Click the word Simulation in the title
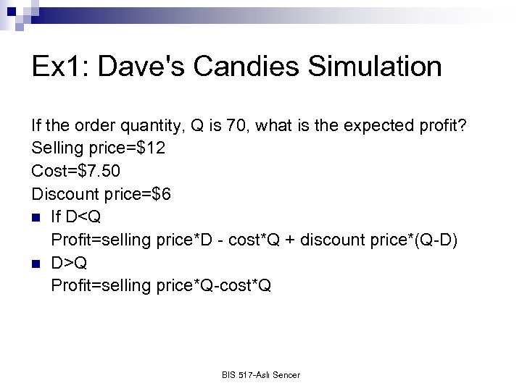(x=375, y=67)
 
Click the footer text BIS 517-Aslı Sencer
(x=261, y=374)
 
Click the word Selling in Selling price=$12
(x=56, y=149)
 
